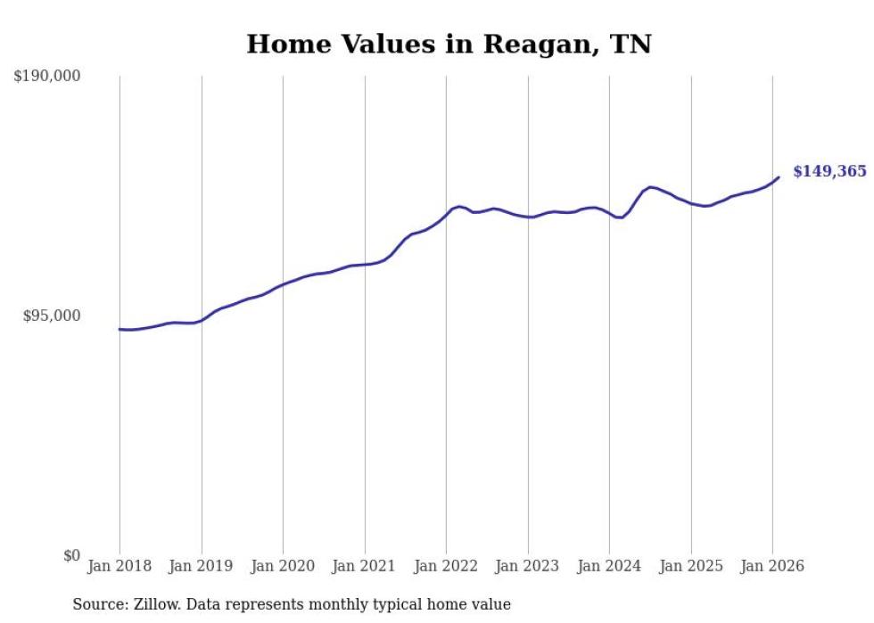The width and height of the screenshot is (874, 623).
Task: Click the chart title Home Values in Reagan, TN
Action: (x=449, y=44)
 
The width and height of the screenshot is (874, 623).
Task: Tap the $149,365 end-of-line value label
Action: (x=829, y=171)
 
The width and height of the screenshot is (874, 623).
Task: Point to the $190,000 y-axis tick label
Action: (x=47, y=77)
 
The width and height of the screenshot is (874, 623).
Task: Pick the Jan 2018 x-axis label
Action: (x=120, y=567)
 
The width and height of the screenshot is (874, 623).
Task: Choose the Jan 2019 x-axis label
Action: (x=202, y=567)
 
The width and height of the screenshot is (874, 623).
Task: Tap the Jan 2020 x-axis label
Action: (x=283, y=567)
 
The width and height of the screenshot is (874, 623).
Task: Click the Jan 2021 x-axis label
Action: (x=365, y=567)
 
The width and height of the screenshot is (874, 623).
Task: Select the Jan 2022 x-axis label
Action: (x=446, y=567)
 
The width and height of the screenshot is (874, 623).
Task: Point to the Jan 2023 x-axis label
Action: (x=528, y=567)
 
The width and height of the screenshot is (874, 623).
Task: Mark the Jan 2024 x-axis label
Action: (x=609, y=567)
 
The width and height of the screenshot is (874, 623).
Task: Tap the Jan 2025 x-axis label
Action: (x=691, y=567)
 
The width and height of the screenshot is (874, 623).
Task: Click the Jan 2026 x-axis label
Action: (x=772, y=567)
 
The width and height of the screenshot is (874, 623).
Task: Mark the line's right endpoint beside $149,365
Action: (x=779, y=176)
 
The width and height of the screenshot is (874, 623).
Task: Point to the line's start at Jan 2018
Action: (x=120, y=329)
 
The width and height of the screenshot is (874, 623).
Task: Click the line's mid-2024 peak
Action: (x=651, y=186)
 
